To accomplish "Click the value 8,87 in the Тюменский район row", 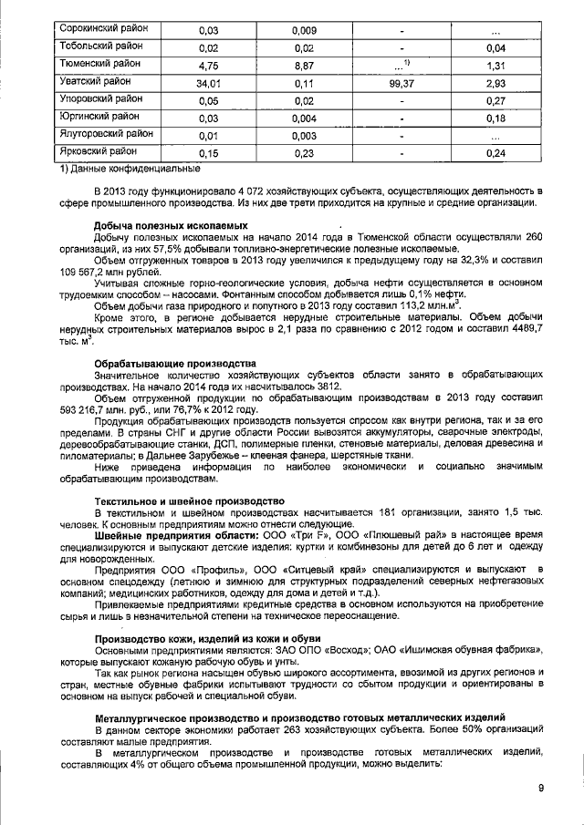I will click(304, 66).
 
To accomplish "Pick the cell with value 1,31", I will click(496, 66).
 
